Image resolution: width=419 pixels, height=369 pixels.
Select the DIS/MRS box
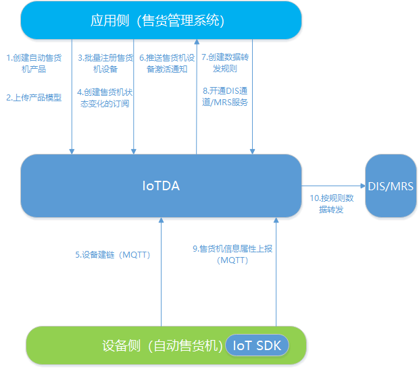(391, 186)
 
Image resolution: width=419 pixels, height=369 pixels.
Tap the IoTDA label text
(161, 186)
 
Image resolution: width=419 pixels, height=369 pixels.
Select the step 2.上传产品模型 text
(34, 97)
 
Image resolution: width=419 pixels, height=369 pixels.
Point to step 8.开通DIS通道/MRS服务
(226, 96)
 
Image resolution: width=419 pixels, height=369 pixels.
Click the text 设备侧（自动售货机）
(162, 345)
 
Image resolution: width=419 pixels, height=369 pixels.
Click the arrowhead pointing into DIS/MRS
(362, 186)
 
